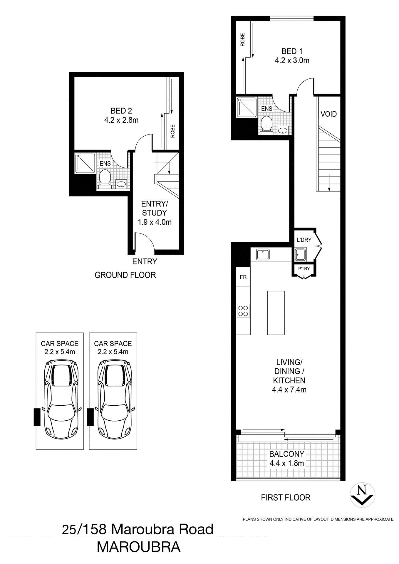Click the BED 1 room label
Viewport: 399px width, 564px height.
(291, 51)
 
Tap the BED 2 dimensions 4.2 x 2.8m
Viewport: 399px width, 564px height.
(121, 120)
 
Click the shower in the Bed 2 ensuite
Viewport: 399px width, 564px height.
(85, 163)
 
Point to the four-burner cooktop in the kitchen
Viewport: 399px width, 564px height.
(243, 311)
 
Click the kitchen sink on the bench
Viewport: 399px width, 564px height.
(263, 254)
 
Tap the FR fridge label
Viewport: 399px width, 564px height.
(243, 277)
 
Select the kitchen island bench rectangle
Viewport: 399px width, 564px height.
(276, 313)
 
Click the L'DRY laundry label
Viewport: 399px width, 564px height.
(304, 240)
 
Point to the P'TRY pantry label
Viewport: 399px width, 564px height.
(304, 268)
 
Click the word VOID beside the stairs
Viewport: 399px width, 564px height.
(328, 114)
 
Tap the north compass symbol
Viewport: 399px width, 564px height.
(363, 495)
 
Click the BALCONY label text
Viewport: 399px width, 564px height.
(286, 454)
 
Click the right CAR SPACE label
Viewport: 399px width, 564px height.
(113, 343)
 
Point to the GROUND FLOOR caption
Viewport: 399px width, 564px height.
(125, 275)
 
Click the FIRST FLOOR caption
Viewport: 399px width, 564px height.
(286, 498)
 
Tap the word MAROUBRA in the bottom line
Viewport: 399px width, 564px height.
(139, 547)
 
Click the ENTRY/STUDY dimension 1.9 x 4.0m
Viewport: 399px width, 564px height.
(155, 222)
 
